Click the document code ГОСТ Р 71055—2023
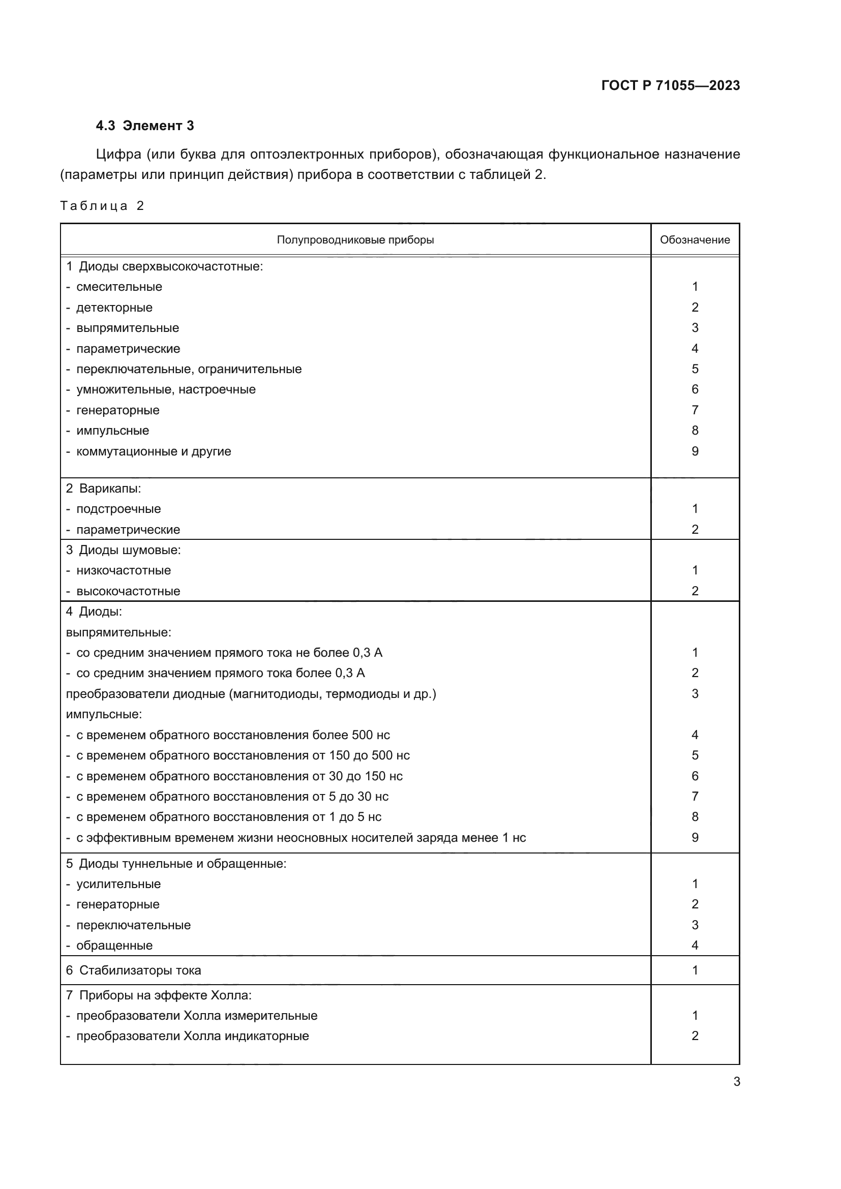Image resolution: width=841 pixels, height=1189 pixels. [670, 85]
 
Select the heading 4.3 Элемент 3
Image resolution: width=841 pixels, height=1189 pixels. [145, 126]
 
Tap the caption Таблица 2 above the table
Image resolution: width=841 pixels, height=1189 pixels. [102, 206]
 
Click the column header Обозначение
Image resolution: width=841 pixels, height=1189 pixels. [695, 240]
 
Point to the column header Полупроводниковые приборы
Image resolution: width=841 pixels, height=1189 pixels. [355, 240]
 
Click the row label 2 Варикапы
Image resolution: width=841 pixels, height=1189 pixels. [104, 489]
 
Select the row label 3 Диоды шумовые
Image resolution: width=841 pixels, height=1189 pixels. [123, 550]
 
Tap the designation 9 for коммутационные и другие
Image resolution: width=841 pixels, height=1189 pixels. [695, 451]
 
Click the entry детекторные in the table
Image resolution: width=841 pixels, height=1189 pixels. [114, 308]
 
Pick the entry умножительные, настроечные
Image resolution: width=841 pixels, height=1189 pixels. [166, 389]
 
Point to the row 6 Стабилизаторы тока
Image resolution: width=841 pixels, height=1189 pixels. [134, 970]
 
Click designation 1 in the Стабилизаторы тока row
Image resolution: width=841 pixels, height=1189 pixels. [695, 970]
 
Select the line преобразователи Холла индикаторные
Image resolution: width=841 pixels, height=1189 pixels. [192, 1036]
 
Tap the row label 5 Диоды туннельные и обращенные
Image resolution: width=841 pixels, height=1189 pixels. [176, 864]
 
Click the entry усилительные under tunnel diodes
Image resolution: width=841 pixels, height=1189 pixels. [118, 884]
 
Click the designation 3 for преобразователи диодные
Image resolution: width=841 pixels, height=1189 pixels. [695, 694]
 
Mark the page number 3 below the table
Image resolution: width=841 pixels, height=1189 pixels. [736, 1082]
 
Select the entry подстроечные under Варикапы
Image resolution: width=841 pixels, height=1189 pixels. [118, 509]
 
